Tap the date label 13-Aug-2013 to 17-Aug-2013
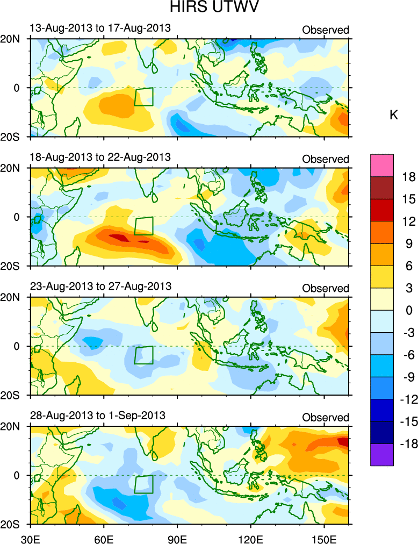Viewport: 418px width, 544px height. [x=99, y=28]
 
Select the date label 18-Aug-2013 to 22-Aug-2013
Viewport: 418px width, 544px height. [x=99, y=157]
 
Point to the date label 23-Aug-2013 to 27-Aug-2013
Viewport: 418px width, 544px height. [x=99, y=286]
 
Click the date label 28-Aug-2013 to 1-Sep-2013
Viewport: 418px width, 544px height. [x=97, y=415]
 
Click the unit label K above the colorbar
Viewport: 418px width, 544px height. [x=394, y=116]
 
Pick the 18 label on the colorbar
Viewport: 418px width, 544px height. [x=409, y=177]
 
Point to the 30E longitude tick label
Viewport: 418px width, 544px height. [x=30, y=537]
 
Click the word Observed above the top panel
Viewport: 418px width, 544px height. [x=326, y=30]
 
